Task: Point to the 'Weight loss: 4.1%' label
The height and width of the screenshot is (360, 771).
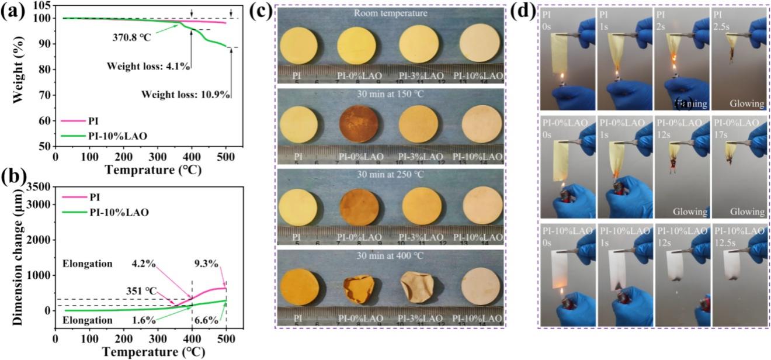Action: (x=148, y=66)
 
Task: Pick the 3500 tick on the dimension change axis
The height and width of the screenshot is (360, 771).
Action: (x=37, y=186)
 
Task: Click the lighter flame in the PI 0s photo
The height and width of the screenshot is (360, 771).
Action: (x=560, y=78)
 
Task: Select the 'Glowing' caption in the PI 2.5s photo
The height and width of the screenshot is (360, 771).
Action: (x=745, y=103)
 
